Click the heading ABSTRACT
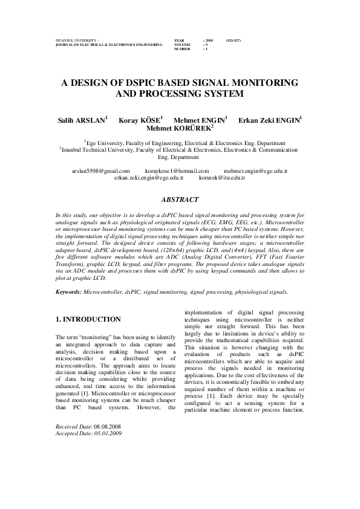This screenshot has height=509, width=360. pos(180,199)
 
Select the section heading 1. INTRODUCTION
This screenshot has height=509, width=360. pos(88,319)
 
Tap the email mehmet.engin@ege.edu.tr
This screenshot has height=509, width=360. pos(255,171)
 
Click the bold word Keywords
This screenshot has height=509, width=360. pos(68,291)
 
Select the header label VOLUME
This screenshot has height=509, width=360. pos(182,44)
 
